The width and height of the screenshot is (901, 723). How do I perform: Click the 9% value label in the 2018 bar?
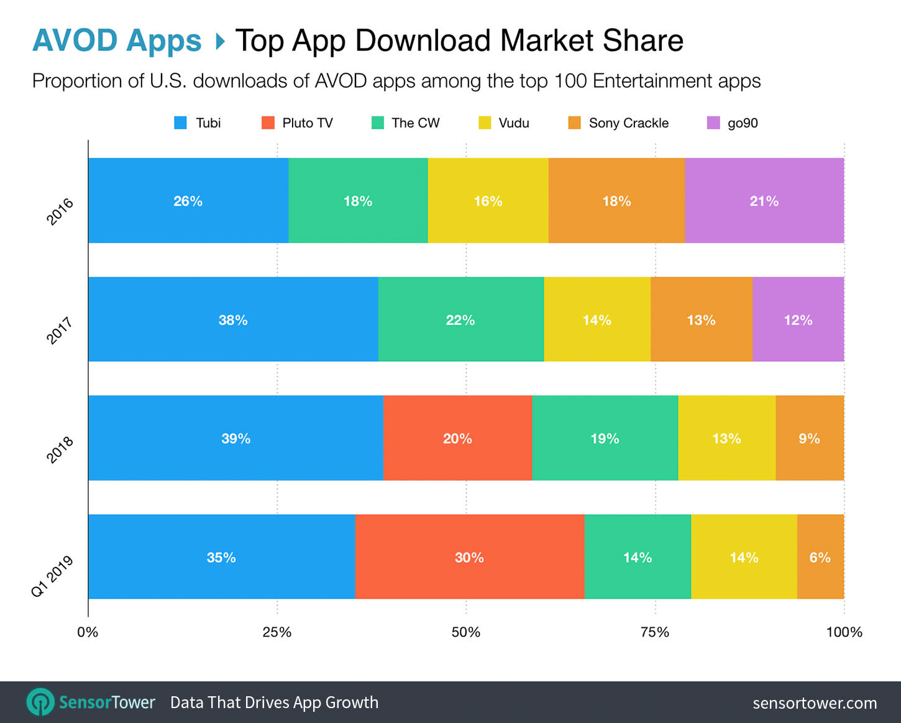pos(809,439)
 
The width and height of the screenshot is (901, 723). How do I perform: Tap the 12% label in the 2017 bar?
pos(798,320)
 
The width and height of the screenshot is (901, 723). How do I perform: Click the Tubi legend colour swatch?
pos(180,123)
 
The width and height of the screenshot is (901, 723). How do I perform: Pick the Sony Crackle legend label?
pos(628,123)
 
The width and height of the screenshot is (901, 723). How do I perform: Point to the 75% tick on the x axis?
pos(655,632)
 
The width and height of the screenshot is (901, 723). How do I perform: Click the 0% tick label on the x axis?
pos(88,632)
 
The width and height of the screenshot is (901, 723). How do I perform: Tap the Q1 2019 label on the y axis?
pos(52,576)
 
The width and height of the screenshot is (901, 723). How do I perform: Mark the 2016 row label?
pos(60,212)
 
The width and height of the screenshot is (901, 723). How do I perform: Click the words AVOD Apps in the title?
pos(117,40)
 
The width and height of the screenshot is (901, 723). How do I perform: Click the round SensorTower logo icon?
pos(40,702)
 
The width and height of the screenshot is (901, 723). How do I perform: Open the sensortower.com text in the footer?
pos(815,703)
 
